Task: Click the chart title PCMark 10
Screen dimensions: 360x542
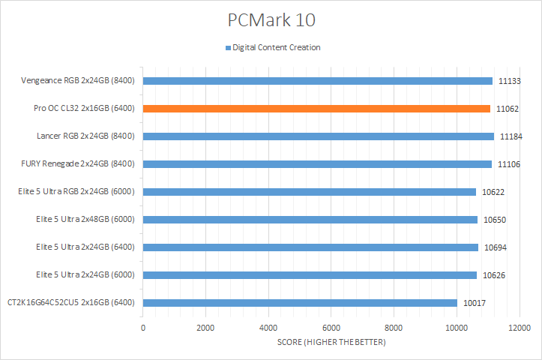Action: (x=271, y=18)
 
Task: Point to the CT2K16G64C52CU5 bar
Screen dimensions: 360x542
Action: (x=300, y=303)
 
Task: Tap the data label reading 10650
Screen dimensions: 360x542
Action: (x=496, y=220)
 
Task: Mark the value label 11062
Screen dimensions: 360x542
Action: (x=508, y=109)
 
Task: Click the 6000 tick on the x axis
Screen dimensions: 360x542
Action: (x=331, y=328)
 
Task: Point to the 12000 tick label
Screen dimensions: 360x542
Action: (x=519, y=328)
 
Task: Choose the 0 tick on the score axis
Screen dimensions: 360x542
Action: (x=143, y=328)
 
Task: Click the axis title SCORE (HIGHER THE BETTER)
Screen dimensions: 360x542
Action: (x=331, y=343)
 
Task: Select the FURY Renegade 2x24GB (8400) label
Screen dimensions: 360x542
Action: (x=78, y=163)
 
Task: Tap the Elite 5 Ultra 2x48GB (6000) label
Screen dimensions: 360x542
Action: (x=85, y=219)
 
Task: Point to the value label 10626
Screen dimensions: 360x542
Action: (x=495, y=275)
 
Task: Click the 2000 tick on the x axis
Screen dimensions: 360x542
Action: (x=205, y=328)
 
